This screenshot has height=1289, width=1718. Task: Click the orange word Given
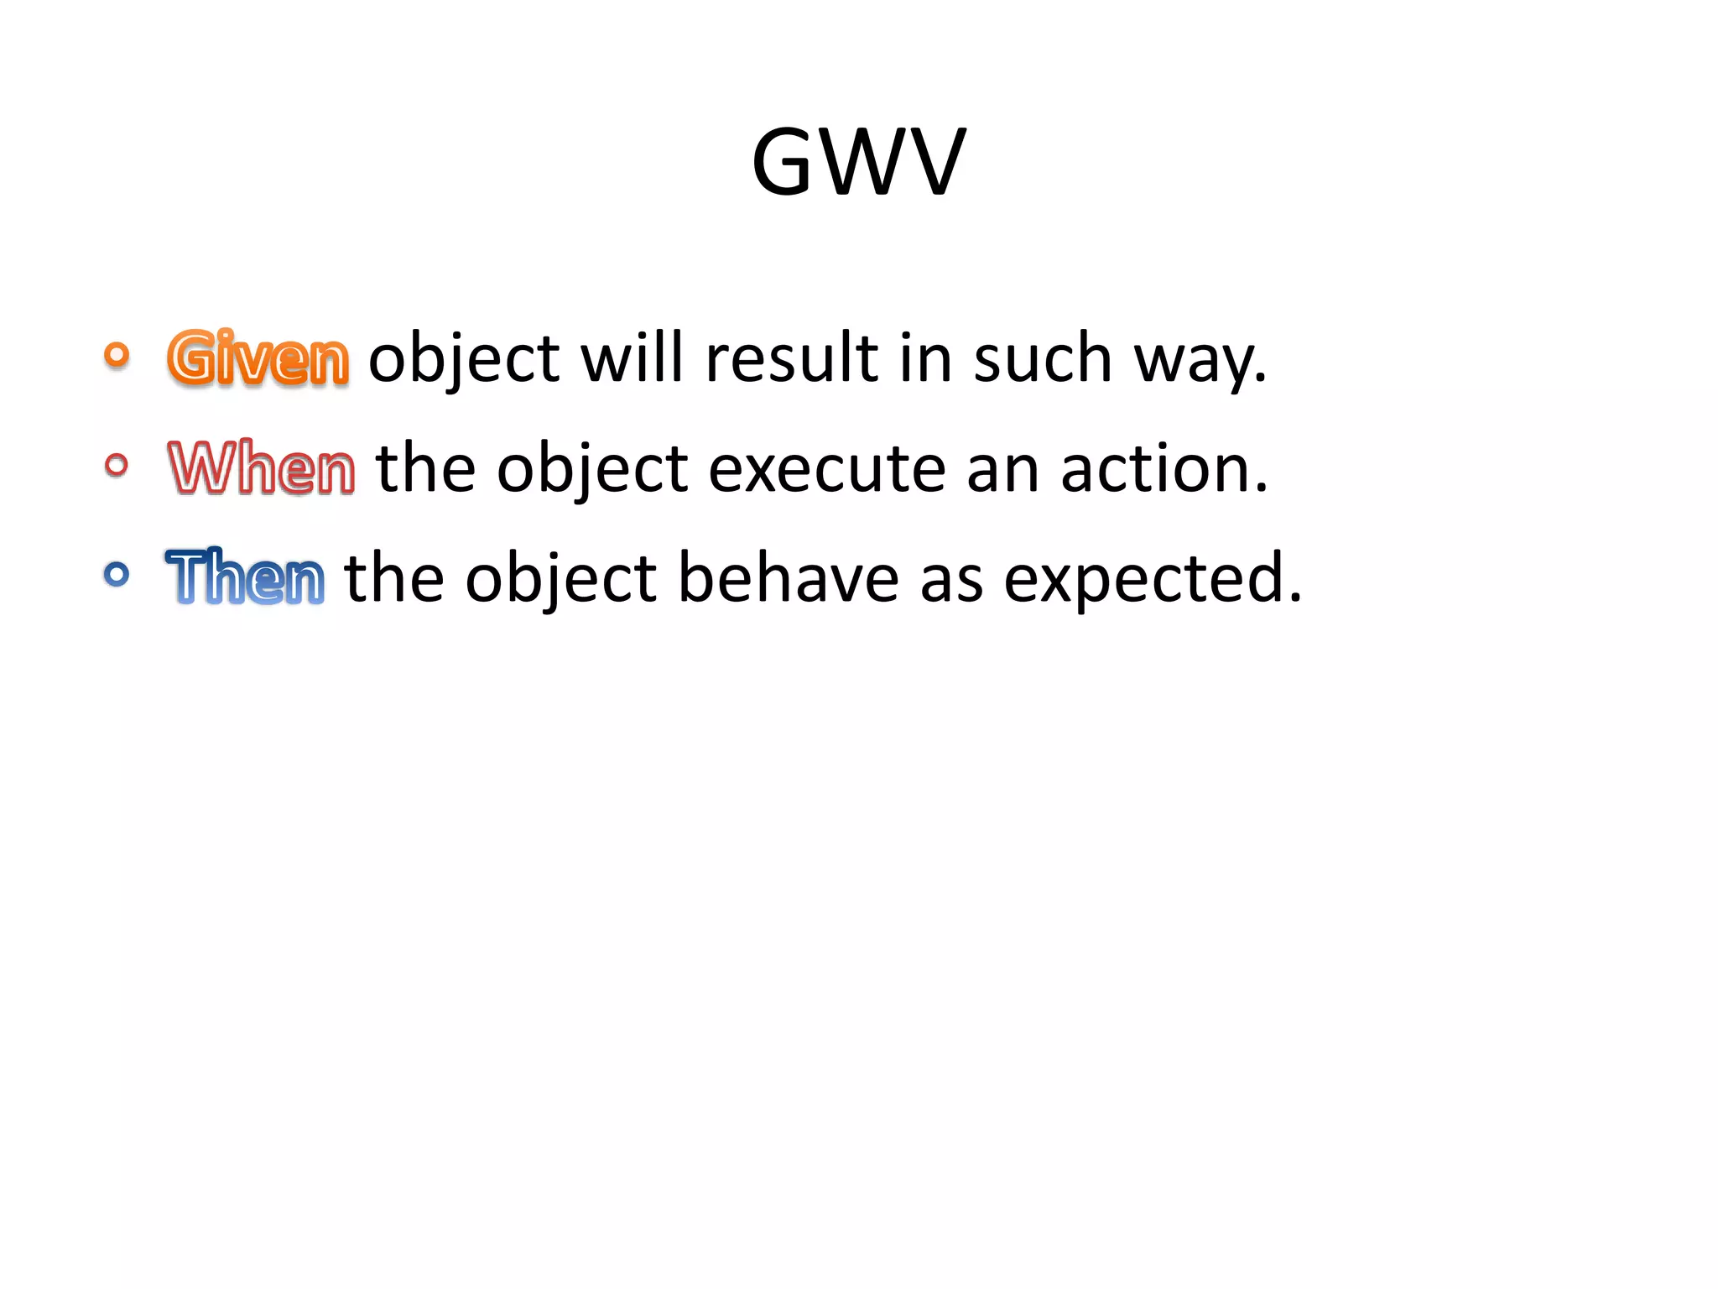point(258,358)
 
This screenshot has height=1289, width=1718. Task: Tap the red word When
point(262,467)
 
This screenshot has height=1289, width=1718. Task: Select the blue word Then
point(245,577)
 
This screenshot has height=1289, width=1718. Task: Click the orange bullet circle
point(117,355)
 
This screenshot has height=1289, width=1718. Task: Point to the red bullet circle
point(117,464)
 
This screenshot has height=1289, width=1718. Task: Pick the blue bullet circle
point(117,574)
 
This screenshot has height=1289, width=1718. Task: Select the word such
point(1042,358)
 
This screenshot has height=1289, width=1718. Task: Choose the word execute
point(827,468)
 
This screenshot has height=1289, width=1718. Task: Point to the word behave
point(788,577)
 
